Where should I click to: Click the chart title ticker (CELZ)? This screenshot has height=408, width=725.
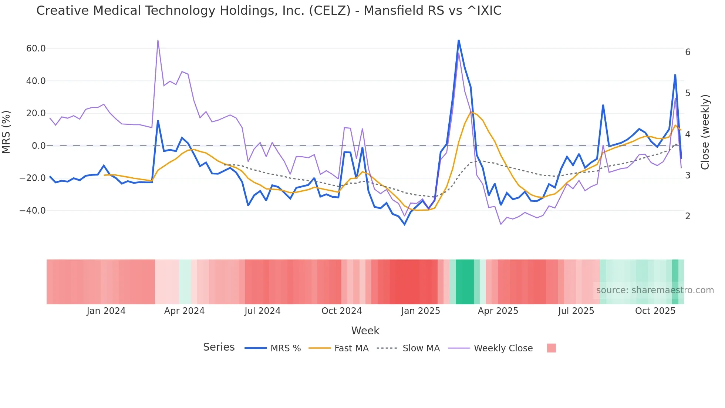click(330, 11)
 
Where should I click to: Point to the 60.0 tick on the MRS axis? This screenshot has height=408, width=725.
click(36, 49)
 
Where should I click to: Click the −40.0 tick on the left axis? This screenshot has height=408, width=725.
click(33, 211)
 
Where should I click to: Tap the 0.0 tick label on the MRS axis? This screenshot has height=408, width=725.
click(38, 146)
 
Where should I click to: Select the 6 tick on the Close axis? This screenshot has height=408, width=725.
click(688, 52)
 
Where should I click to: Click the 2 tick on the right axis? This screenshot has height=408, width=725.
click(688, 216)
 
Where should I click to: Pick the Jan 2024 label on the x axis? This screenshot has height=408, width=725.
click(106, 311)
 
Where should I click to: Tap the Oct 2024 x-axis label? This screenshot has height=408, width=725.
click(341, 311)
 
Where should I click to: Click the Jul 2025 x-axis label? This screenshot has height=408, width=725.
click(576, 311)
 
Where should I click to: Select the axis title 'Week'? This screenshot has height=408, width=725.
click(365, 331)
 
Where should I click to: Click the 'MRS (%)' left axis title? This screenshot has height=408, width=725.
click(6, 132)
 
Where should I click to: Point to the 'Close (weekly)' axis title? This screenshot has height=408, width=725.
click(705, 132)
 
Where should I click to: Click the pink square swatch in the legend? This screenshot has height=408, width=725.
click(551, 348)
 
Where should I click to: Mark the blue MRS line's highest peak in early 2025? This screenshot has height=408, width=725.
click(459, 40)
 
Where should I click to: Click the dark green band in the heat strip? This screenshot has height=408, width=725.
click(465, 282)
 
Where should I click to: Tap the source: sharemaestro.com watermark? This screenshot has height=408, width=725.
click(655, 290)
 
